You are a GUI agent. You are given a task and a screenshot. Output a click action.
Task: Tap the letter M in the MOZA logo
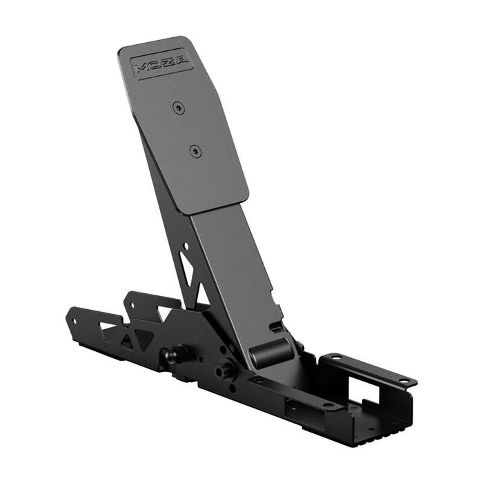[x=142, y=68]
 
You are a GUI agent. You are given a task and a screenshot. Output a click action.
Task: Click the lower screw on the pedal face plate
[x=195, y=150]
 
